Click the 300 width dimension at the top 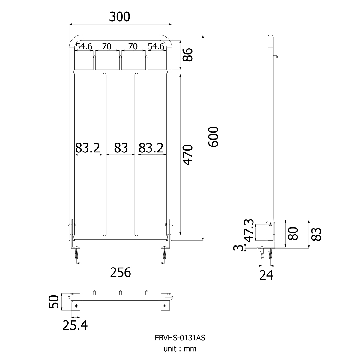tap(120, 17)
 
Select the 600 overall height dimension tap(213, 137)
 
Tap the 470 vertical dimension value tap(187, 155)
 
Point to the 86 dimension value tap(187, 55)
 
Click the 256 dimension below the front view tap(121, 273)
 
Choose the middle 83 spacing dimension tap(121, 148)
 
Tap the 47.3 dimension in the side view tap(249, 231)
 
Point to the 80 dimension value tap(293, 234)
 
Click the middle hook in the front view tap(121, 63)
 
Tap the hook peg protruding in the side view tap(275, 57)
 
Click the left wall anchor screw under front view tap(76, 253)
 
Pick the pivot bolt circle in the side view tap(270, 224)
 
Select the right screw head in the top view tap(164, 306)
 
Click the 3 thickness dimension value tap(239, 248)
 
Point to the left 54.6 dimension tap(84, 46)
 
